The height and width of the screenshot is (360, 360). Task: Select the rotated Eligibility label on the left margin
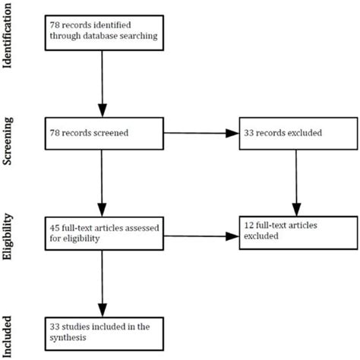pos(9,235)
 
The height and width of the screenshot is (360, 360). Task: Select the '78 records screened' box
pos(102,134)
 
